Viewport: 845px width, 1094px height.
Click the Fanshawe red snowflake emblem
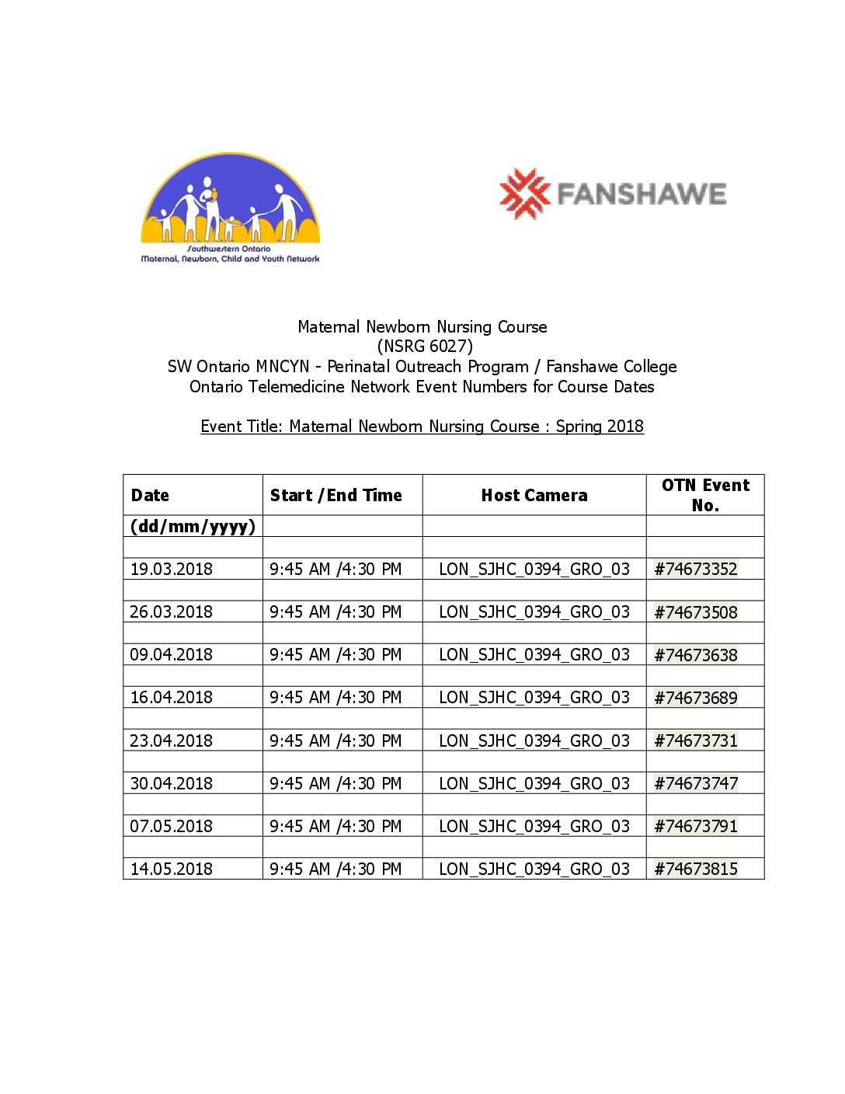pos(524,193)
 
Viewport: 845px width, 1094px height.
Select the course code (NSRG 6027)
pos(424,347)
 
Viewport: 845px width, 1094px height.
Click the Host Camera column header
pos(534,496)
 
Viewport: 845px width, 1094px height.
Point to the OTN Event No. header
pos(705,495)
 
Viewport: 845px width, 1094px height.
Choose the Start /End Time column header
pos(336,496)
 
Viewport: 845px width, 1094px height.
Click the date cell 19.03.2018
pos(172,570)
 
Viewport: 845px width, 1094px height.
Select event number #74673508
pos(696,612)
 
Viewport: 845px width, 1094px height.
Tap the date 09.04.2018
pos(172,655)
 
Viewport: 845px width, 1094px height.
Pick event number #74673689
pos(696,698)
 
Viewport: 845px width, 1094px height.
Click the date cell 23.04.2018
pos(172,741)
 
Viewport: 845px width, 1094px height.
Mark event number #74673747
pos(696,784)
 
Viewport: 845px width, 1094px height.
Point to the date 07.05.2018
pos(172,827)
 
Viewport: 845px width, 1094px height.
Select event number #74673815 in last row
pos(696,869)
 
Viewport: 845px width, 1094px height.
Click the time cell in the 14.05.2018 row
pos(336,869)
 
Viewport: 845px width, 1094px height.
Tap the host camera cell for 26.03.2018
pos(534,612)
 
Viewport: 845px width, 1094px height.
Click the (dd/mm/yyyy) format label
pos(193,527)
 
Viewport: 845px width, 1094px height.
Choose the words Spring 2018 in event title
pos(600,427)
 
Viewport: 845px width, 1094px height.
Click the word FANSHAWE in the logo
pos(642,193)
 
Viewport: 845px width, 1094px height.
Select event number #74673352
pos(696,570)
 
